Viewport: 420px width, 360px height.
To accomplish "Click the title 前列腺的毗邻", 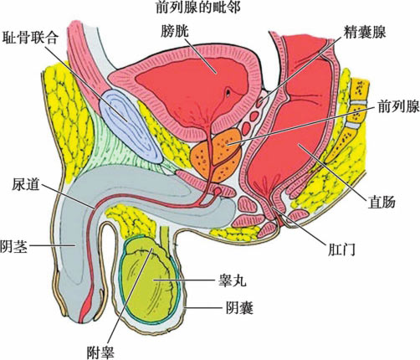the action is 198,8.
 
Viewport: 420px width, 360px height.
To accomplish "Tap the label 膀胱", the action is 175,31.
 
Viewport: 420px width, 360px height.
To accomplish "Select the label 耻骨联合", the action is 30,38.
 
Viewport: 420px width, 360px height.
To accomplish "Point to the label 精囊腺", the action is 365,32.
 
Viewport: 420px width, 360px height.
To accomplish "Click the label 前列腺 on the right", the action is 398,106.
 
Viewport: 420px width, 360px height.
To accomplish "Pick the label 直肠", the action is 382,202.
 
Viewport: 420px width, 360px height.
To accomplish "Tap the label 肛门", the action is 341,249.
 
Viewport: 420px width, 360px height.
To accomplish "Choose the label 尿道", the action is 26,184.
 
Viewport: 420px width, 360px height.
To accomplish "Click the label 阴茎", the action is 13,246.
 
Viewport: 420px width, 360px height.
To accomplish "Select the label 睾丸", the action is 233,280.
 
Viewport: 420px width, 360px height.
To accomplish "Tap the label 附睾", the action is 100,352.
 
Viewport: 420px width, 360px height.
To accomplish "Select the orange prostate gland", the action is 216,155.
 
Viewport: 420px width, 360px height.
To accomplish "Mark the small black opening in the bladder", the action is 228,92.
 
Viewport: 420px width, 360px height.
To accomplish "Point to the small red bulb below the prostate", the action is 217,191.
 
